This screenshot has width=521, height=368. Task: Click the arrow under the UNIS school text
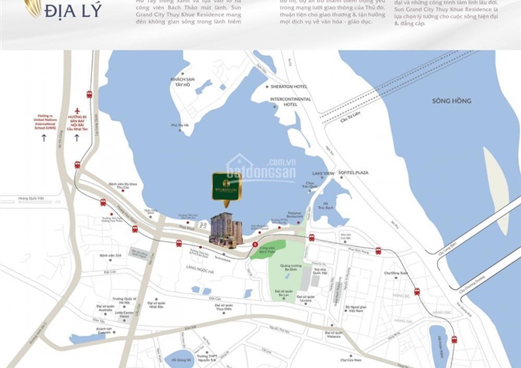tap(43, 138)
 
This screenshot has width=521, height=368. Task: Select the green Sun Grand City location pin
tap(226, 186)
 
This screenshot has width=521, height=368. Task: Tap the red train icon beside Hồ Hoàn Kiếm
tap(454, 339)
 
